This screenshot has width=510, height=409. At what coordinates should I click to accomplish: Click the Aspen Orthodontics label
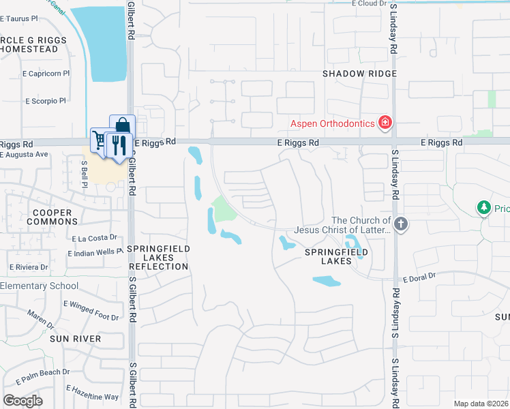(333, 123)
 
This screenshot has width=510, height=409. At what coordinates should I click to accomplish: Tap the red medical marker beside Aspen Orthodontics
(385, 123)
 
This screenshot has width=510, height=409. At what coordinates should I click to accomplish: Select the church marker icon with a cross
(401, 223)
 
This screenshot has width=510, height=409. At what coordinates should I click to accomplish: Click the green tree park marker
(485, 207)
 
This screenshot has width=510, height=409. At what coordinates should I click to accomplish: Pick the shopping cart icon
(100, 140)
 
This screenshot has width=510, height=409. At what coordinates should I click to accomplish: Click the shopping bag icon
(122, 125)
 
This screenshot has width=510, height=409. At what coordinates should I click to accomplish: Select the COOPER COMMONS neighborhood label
(52, 217)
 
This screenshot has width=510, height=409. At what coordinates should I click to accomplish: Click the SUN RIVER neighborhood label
(75, 339)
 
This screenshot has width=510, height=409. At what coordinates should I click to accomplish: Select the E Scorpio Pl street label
(46, 101)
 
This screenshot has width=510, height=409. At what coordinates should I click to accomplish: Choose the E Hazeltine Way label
(92, 393)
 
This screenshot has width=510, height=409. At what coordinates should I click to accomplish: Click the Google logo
(22, 401)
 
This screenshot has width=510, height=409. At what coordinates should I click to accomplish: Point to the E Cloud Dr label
(370, 3)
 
